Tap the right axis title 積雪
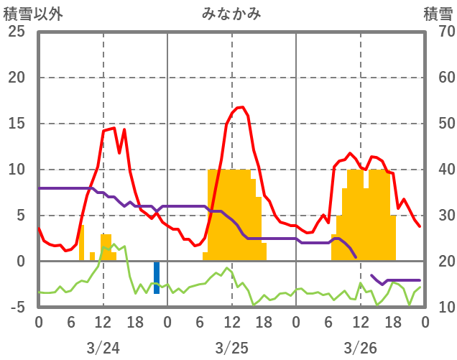pos(438,14)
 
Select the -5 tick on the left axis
pos(17,308)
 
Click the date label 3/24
pos(103,348)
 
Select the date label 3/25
pos(231,348)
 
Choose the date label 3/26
pos(360,348)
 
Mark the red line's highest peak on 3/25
pos(242,107)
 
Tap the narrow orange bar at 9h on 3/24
pos(82,243)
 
